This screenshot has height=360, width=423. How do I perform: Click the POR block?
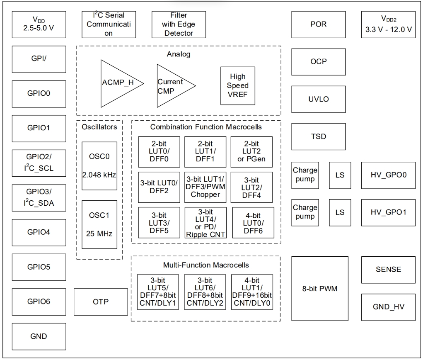click(318, 24)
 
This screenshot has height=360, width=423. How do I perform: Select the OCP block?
click(318, 62)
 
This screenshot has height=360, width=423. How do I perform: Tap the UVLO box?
click(318, 99)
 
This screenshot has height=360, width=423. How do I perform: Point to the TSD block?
click(318, 136)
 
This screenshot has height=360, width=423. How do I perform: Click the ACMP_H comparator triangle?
click(119, 83)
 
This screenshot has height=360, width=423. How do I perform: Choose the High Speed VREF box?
click(238, 86)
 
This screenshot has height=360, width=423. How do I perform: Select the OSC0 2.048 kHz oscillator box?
click(99, 166)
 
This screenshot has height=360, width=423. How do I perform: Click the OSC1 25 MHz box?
click(99, 224)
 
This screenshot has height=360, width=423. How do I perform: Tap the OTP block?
click(101, 302)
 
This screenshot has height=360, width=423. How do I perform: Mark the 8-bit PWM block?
click(320, 288)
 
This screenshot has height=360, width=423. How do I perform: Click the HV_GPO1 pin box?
click(388, 212)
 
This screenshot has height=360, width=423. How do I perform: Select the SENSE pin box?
click(388, 270)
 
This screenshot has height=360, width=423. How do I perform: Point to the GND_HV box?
click(388, 307)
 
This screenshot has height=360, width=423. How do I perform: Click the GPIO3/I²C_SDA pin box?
click(39, 198)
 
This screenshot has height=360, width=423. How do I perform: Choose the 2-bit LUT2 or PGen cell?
click(251, 152)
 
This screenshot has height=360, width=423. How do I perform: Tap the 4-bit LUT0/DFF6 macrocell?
click(253, 223)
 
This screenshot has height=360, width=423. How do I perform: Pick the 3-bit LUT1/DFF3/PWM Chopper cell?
click(205, 187)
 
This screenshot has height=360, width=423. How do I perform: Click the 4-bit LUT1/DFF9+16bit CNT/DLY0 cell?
click(252, 292)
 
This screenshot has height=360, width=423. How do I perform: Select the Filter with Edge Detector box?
click(179, 24)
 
